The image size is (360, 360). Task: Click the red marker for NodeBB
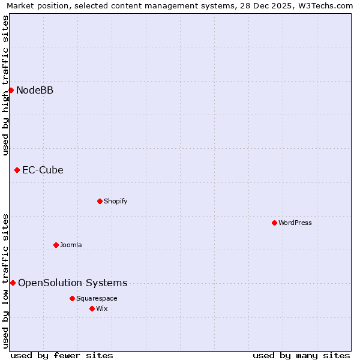tap(11, 90)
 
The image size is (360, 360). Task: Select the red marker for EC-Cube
tap(17, 170)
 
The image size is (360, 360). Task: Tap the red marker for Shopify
tap(100, 201)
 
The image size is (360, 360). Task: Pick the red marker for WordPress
tap(274, 223)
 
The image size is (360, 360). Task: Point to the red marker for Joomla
tap(56, 245)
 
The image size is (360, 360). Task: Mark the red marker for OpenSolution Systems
tap(13, 283)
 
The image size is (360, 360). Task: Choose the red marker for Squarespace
tap(72, 298)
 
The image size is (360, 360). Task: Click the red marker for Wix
tap(92, 308)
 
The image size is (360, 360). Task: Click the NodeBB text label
tap(35, 90)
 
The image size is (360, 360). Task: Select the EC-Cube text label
tap(43, 170)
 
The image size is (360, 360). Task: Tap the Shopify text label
tap(115, 201)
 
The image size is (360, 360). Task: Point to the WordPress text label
tap(295, 223)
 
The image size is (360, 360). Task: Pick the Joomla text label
tap(71, 245)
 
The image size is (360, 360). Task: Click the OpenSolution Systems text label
tap(73, 283)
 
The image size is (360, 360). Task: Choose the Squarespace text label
tap(97, 298)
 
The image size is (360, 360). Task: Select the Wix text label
tap(101, 308)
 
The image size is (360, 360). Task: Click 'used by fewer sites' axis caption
tap(62, 355)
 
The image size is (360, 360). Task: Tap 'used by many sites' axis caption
tap(301, 355)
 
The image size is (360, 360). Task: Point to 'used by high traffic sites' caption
tap(5, 85)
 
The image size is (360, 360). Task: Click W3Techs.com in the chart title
tap(326, 5)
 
